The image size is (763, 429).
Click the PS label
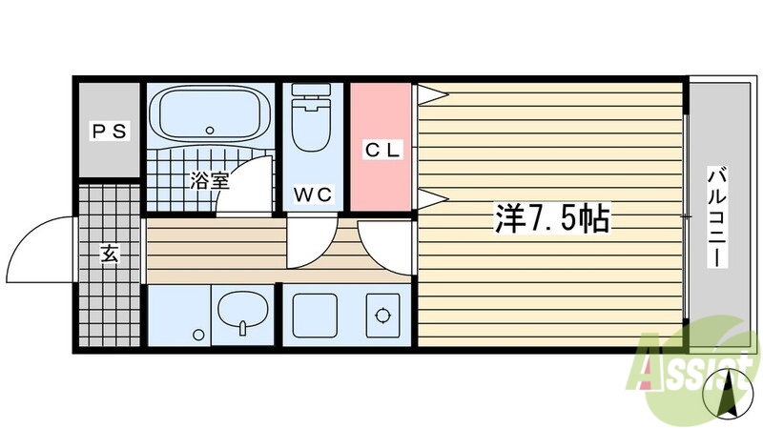pyautogui.click(x=110, y=132)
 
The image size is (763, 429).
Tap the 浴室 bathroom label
pyautogui.click(x=208, y=179)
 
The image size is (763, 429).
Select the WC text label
pyautogui.click(x=312, y=194)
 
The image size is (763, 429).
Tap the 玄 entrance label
pyautogui.click(x=110, y=255)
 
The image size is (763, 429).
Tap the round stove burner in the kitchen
pyautogui.click(x=383, y=315)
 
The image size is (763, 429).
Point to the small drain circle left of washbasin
pyautogui.click(x=198, y=335)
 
